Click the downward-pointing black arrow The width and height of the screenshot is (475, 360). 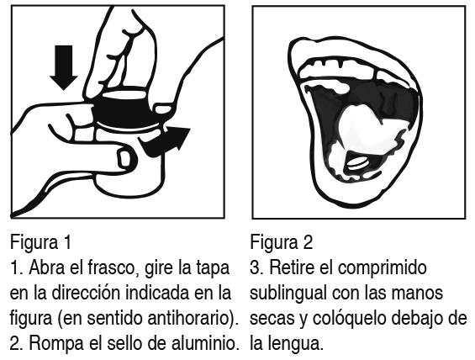[x=64, y=67]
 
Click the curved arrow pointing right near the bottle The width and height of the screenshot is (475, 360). [x=165, y=142]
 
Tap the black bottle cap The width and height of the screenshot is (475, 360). [x=124, y=109]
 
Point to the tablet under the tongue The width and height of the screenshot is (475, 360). [x=357, y=163]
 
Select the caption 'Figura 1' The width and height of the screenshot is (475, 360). [x=41, y=242]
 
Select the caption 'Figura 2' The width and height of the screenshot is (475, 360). [x=282, y=242]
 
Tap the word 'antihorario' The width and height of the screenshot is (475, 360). [x=188, y=318]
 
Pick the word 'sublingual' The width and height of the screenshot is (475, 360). [x=288, y=294]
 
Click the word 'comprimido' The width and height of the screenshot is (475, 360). [x=382, y=268]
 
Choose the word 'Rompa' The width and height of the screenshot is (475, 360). [x=56, y=344]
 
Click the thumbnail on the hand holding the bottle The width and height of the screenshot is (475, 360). [x=124, y=160]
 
